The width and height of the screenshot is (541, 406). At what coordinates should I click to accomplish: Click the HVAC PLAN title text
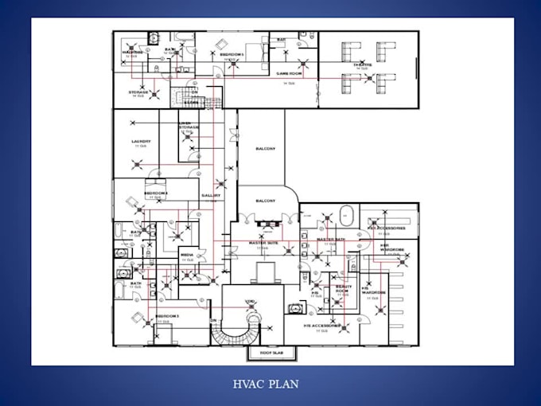tap(267, 384)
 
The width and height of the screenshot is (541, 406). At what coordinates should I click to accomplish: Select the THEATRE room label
tap(363, 65)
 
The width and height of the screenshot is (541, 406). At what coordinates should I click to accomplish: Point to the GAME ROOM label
tap(286, 73)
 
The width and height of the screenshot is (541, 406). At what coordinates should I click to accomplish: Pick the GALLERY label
tap(211, 195)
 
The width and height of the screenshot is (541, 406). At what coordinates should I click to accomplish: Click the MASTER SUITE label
tap(263, 243)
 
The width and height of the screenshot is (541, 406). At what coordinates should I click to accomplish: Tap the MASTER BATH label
tap(329, 240)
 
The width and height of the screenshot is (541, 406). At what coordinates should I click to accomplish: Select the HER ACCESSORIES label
tap(387, 228)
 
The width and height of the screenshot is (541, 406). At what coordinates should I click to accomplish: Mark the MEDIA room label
tap(188, 256)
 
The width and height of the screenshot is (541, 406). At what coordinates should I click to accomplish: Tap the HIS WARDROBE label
tap(367, 290)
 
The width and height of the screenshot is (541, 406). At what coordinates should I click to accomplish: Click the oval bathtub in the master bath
tap(346, 215)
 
